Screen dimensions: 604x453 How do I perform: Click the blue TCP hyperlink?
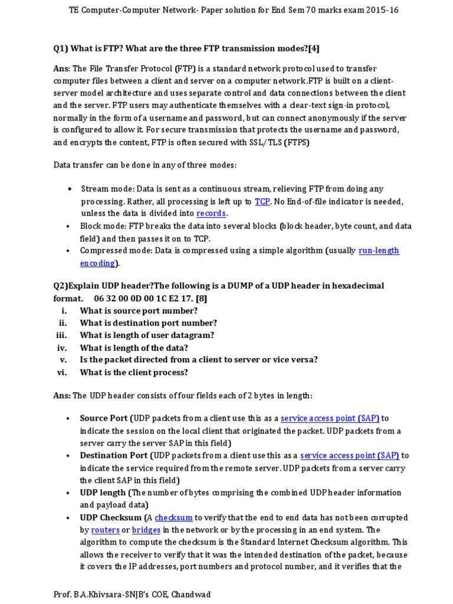pyautogui.click(x=262, y=201)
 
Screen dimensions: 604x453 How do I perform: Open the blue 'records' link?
pyautogui.click(x=211, y=214)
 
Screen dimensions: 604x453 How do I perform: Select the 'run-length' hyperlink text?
pyautogui.click(x=379, y=251)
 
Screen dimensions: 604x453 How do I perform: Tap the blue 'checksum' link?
pyautogui.click(x=173, y=517)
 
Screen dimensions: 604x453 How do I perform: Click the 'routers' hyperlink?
pyautogui.click(x=106, y=530)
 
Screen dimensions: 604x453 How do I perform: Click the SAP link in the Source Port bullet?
pyautogui.click(x=330, y=418)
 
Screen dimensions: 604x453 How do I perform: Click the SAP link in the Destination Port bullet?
pyautogui.click(x=349, y=455)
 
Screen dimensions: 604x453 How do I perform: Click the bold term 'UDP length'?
pyautogui.click(x=103, y=493)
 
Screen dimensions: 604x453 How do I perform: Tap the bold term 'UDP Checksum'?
pyautogui.click(x=110, y=517)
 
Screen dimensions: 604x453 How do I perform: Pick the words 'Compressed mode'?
pyautogui.click(x=116, y=251)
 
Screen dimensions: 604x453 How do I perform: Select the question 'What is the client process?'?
pyautogui.click(x=134, y=372)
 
